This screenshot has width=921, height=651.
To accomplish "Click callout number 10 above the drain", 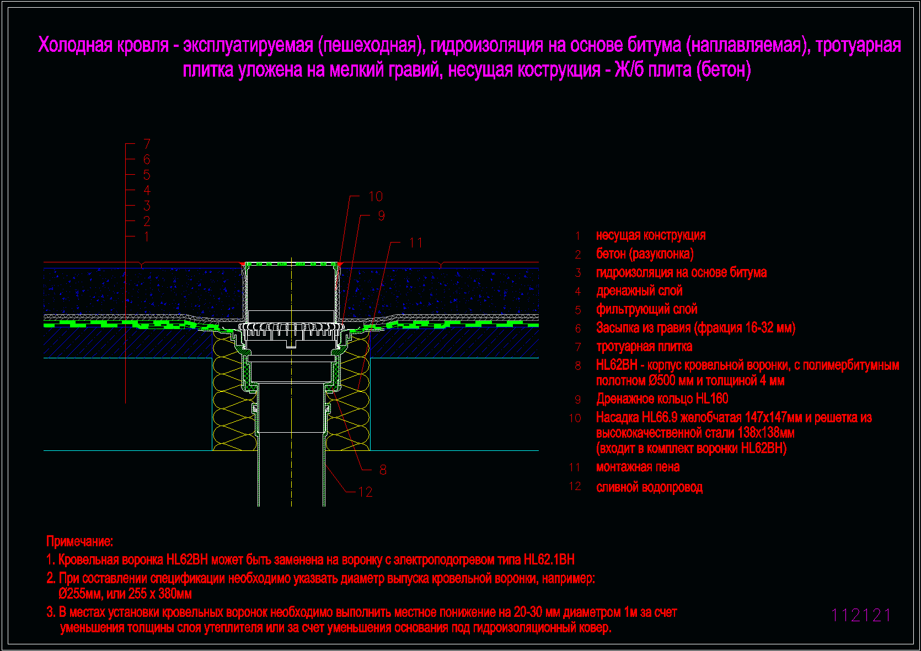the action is pyautogui.click(x=376, y=196).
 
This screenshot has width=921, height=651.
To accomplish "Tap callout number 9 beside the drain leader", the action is pyautogui.click(x=381, y=216).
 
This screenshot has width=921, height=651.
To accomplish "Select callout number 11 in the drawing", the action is pyautogui.click(x=416, y=243).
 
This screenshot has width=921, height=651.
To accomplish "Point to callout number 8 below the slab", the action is pyautogui.click(x=383, y=470).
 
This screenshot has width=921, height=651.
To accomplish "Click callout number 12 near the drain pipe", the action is pyautogui.click(x=365, y=492).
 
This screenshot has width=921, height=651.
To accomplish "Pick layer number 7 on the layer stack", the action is pyautogui.click(x=147, y=144).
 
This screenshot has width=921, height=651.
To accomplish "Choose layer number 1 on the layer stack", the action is pyautogui.click(x=147, y=236).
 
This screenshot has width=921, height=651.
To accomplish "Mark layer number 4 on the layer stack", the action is pyautogui.click(x=147, y=190).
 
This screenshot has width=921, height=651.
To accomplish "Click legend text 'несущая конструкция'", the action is pyautogui.click(x=651, y=235).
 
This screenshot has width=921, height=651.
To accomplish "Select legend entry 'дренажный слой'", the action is pyautogui.click(x=639, y=291).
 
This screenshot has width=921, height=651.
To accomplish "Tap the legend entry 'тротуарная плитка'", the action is pyautogui.click(x=644, y=347).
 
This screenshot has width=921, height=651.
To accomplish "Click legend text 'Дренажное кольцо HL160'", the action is pyautogui.click(x=662, y=399).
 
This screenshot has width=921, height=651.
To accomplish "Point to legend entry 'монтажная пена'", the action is pyautogui.click(x=638, y=467).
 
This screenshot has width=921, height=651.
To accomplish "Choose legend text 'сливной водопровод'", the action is pyautogui.click(x=649, y=487).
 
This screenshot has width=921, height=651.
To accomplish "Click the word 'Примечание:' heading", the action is pyautogui.click(x=79, y=541).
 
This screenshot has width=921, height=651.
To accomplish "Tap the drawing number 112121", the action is pyautogui.click(x=860, y=615).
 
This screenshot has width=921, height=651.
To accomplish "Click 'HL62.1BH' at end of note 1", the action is pyautogui.click(x=549, y=559).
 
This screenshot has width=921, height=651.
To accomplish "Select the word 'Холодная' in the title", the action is pyautogui.click(x=75, y=45).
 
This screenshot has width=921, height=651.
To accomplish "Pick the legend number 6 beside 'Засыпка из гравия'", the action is pyautogui.click(x=578, y=329).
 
